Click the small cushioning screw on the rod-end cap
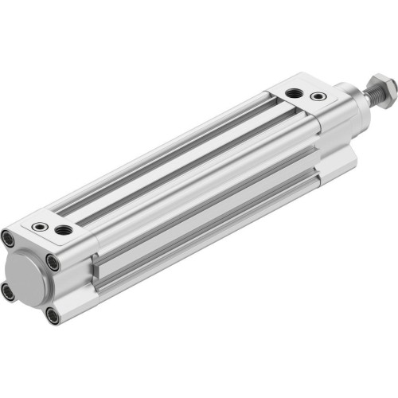(319, 96)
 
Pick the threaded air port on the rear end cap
(63, 231)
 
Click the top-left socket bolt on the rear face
(8, 236)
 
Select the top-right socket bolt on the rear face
(53, 260)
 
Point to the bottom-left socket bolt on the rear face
(8, 291)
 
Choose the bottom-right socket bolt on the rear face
(53, 316)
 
